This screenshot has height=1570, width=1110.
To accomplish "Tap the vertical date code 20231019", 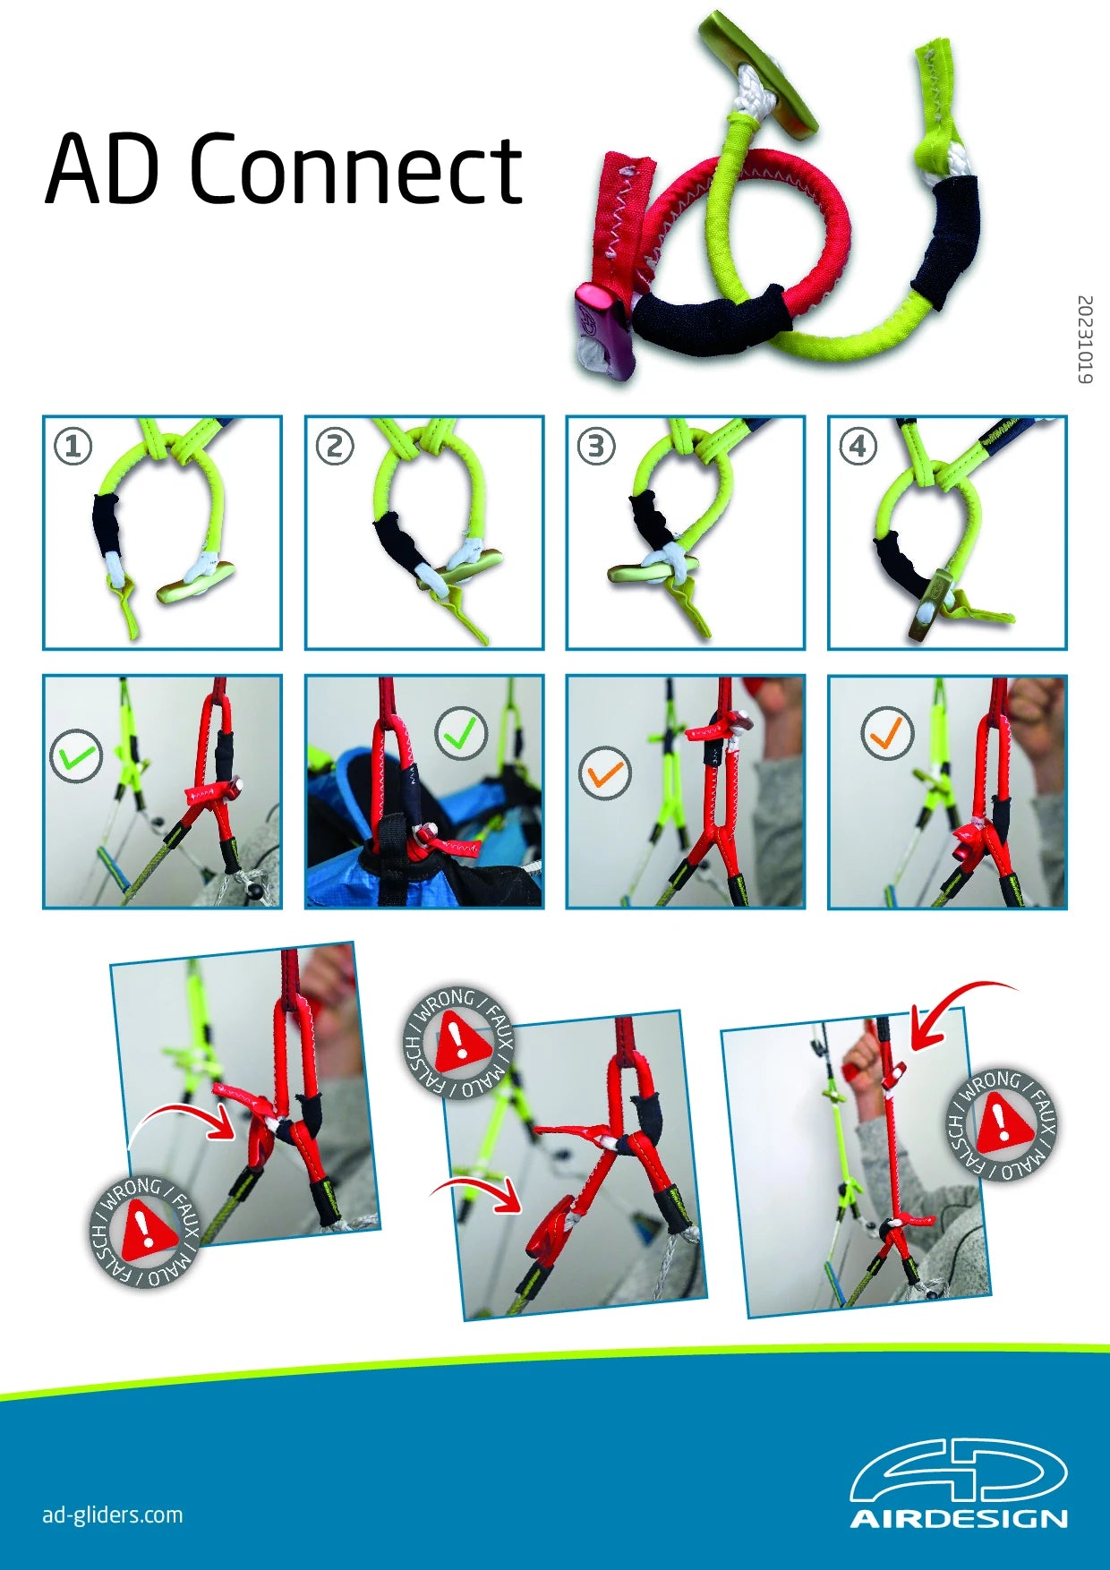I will coord(1084,339).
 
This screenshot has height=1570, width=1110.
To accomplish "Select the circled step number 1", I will coord(73,446).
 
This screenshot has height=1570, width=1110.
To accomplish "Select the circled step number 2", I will coord(335,446).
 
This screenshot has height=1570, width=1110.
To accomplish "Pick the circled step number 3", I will coord(596,446).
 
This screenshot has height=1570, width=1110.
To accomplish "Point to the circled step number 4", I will coord(858,446).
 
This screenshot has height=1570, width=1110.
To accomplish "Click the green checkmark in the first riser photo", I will coord(76,756).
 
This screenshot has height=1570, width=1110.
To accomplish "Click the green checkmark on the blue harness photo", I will coord(461,733).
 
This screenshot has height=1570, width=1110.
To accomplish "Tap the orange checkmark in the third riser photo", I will coord(605,772).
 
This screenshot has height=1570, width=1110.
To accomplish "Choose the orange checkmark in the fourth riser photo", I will coord(887,733).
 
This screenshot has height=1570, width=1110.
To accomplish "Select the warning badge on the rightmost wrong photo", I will coord(1002,1124).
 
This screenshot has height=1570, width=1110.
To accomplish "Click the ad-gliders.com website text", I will coord(113,1515).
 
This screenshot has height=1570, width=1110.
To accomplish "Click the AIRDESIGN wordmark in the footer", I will coord(959,1519).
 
